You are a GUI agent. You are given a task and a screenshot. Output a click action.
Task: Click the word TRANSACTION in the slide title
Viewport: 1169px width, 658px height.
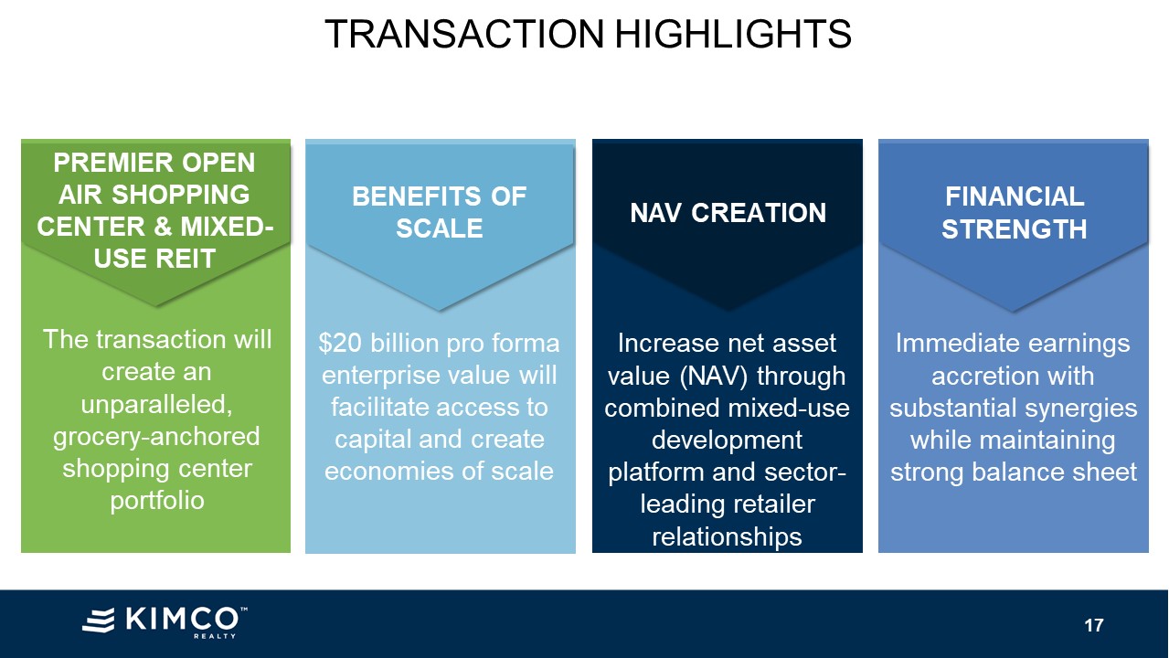[x=464, y=35]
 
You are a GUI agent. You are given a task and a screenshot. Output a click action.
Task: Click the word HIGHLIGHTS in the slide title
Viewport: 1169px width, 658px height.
[x=733, y=35]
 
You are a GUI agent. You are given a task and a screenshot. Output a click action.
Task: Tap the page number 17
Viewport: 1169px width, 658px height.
[x=1094, y=625]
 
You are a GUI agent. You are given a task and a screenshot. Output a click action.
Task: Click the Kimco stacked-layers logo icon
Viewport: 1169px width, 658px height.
[x=99, y=620]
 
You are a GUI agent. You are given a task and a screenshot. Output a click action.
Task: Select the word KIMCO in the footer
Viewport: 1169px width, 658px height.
[x=182, y=620]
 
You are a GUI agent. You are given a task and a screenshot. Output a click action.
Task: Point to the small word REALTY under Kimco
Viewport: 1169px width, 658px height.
[x=215, y=636]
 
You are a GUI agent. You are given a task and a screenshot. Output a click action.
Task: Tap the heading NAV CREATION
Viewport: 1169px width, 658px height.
[x=728, y=213]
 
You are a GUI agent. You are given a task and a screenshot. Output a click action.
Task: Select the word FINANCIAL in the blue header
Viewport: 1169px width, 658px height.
[x=1015, y=196]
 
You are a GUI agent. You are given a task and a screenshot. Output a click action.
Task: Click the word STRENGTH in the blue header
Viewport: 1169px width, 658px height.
[x=1014, y=229]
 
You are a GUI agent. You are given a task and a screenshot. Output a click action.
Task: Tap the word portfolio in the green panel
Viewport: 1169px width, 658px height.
[x=157, y=501]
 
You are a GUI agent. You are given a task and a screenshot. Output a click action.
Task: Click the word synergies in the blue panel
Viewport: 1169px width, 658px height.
[x=1081, y=409]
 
